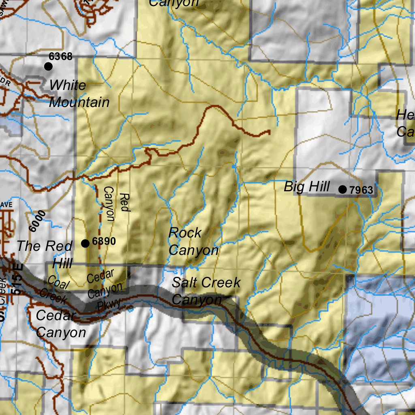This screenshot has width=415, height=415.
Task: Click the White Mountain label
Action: [x=79, y=94]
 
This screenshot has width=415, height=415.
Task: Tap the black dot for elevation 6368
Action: [x=49, y=66]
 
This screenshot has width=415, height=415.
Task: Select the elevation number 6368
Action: [x=60, y=56]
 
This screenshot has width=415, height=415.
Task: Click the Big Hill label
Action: [x=306, y=187]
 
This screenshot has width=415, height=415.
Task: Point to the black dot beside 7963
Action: [x=342, y=189]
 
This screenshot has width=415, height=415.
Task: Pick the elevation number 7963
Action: [x=361, y=190]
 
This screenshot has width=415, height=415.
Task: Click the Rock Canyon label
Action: [x=193, y=242]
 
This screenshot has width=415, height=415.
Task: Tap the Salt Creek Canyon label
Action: [x=205, y=291]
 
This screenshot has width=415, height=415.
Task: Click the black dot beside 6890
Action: [x=85, y=243]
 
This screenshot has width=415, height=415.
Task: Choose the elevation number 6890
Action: [x=104, y=242]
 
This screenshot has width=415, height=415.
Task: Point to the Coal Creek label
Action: [x=56, y=289]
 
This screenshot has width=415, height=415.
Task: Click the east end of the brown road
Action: [x=269, y=131]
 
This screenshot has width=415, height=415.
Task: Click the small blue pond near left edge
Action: [x=11, y=126]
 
